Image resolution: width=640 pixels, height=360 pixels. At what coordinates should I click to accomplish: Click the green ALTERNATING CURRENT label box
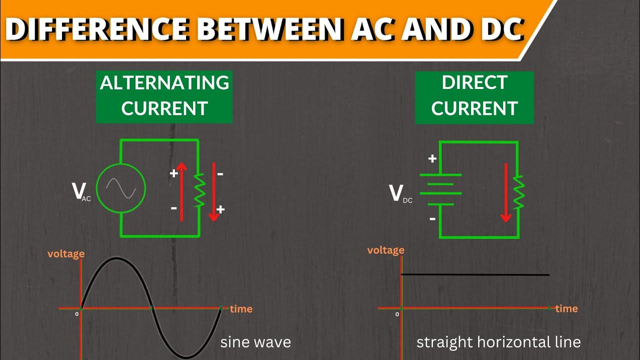(164, 96)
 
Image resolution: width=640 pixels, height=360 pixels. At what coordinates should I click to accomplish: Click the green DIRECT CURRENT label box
(474, 96)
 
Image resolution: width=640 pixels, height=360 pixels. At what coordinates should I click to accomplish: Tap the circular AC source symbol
(120, 188)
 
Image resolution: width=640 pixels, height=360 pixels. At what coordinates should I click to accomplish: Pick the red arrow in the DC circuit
(506, 192)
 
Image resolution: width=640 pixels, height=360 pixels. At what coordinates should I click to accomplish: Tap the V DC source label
(400, 194)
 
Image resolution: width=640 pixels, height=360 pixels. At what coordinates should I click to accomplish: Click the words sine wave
(255, 342)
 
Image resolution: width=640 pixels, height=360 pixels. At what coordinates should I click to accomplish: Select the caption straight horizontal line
(498, 342)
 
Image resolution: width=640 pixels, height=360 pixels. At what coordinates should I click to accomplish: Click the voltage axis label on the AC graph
(66, 254)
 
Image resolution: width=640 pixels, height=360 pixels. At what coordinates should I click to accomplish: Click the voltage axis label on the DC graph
(385, 250)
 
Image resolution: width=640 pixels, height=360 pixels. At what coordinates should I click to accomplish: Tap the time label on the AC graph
(241, 309)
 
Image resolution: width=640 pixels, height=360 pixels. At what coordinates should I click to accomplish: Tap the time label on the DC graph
(566, 308)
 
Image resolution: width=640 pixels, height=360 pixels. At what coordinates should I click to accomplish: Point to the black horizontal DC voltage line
(475, 274)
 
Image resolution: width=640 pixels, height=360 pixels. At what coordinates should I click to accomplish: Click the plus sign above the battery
(432, 158)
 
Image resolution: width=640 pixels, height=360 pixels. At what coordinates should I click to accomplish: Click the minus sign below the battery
(432, 218)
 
